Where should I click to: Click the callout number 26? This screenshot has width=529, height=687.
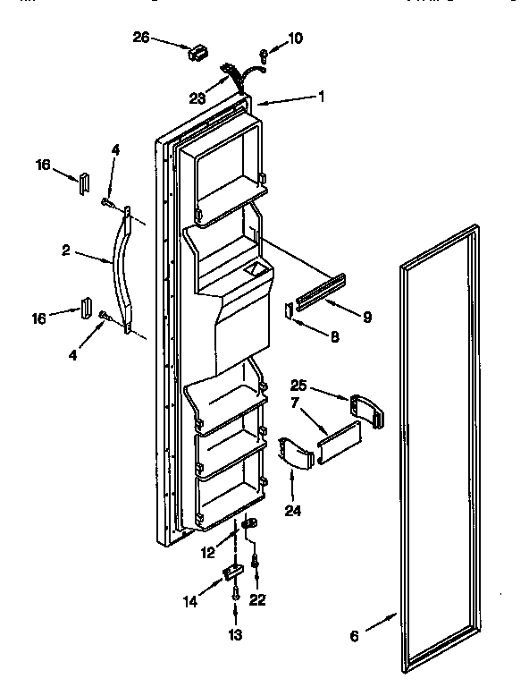point(140,38)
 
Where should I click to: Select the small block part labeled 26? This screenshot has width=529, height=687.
point(197,53)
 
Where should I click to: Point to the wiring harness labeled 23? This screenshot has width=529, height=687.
point(236,73)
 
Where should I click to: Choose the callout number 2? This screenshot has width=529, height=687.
point(66,251)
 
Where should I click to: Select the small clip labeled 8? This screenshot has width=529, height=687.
point(290,310)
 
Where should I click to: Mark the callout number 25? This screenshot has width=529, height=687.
point(298,386)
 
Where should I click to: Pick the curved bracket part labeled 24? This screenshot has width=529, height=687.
point(296,453)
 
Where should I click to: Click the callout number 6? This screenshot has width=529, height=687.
point(354,636)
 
